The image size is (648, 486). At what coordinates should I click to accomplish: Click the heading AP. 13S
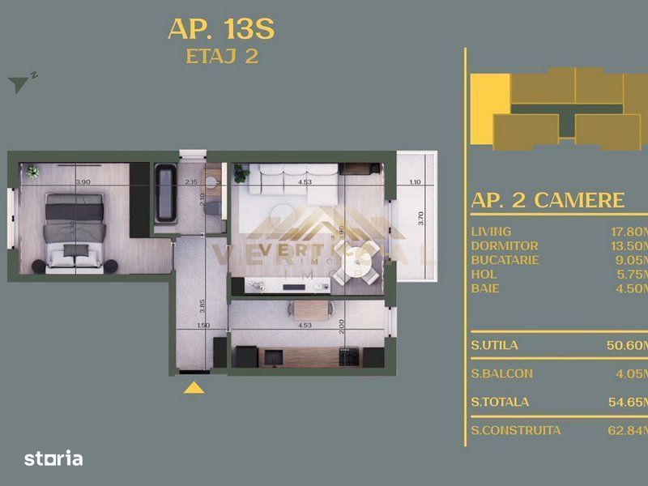point(220,28)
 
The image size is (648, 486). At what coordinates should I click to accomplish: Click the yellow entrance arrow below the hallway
point(193,387)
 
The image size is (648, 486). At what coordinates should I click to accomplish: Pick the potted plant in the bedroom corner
point(32,172)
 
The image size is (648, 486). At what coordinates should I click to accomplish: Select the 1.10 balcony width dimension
point(416,182)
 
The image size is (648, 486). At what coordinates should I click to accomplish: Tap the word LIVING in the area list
point(491,231)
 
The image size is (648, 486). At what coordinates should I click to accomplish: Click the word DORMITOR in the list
point(504,245)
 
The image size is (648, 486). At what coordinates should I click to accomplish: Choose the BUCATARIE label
point(505,260)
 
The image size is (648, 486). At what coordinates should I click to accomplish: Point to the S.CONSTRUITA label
point(515,430)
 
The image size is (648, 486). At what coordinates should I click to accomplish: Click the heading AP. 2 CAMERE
point(548,201)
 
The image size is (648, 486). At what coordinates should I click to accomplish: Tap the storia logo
point(53,458)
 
